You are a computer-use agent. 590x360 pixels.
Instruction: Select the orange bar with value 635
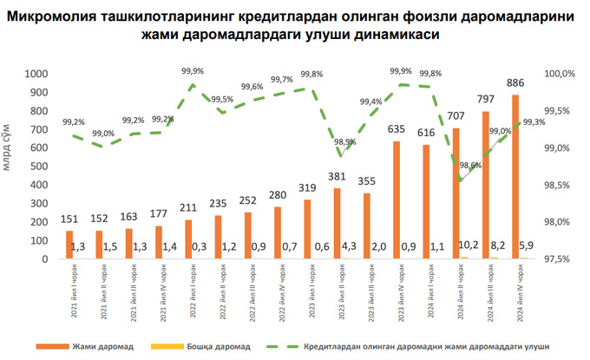point(397,200)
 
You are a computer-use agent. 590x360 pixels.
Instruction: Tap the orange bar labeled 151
point(69,245)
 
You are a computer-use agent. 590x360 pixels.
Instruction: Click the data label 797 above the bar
point(486,99)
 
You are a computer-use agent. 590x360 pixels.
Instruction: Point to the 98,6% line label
point(469,165)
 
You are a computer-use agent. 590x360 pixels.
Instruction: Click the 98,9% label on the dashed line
point(344,141)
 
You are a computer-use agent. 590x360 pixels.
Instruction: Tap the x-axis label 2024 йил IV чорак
point(517,292)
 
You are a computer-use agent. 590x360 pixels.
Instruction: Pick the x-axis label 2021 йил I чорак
point(71,292)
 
